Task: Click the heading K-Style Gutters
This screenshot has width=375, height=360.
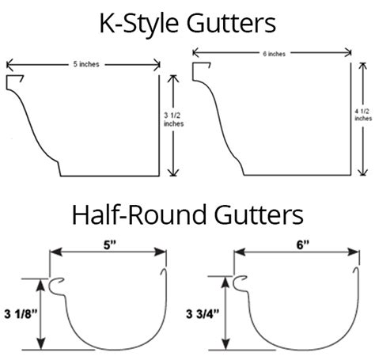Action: (x=187, y=22)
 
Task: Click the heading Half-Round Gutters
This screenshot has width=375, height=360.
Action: (x=187, y=214)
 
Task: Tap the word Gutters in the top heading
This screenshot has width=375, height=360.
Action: (x=233, y=22)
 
